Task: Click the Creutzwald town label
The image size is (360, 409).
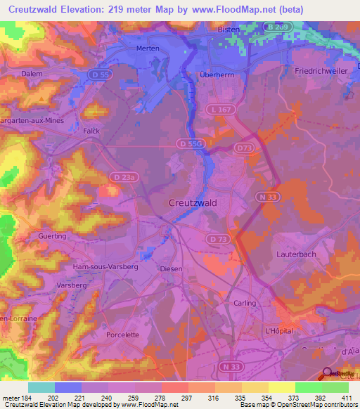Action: (x=192, y=202)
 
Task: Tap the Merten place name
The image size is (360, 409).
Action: (x=148, y=48)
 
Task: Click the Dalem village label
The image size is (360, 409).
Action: (x=32, y=73)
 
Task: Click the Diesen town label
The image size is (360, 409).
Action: (x=171, y=268)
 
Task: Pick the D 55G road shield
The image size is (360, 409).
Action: (x=191, y=143)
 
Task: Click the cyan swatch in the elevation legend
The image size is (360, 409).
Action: (x=41, y=387)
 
